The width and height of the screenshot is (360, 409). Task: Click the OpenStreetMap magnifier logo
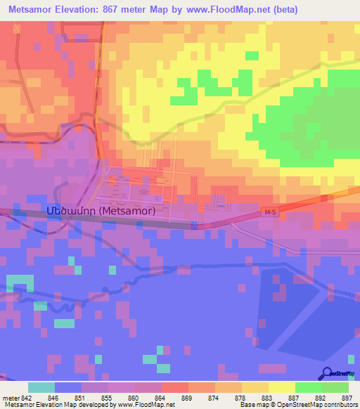(x=328, y=374)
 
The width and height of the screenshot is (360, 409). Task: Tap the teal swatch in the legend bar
(x=41, y=387)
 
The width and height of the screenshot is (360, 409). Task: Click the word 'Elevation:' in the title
(x=84, y=10)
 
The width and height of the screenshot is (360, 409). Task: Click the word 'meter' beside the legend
(x=9, y=397)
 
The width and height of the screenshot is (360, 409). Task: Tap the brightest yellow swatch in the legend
(x=282, y=387)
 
